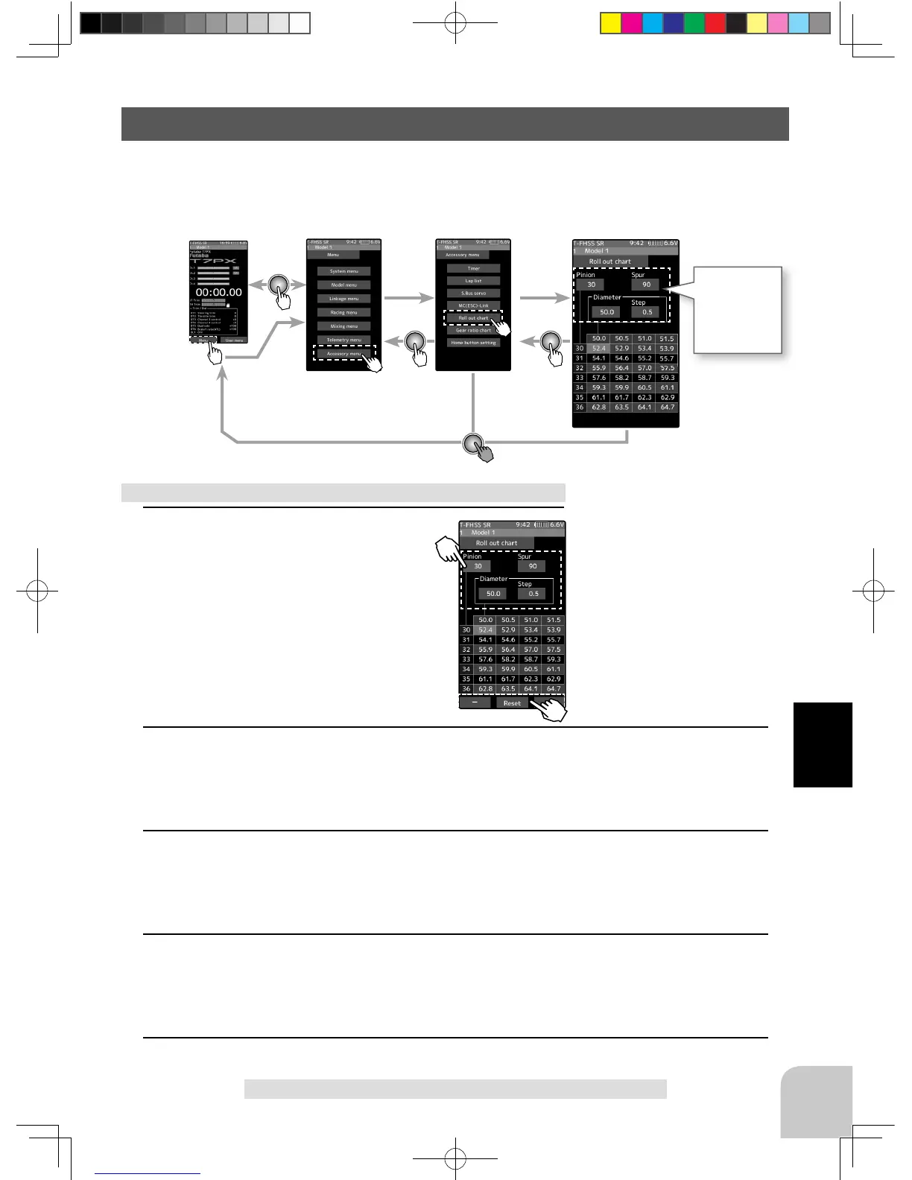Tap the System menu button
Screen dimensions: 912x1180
[x=343, y=271]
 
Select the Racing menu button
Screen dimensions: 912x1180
[x=343, y=312]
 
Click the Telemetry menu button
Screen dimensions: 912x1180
[x=343, y=340]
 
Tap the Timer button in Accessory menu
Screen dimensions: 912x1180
[x=473, y=268]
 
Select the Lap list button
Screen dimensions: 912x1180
[x=473, y=281]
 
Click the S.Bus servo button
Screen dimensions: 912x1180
[x=473, y=293]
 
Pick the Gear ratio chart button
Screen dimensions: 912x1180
[x=473, y=330]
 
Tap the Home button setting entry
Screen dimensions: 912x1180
[x=473, y=343]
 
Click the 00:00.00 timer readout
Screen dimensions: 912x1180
[x=218, y=292]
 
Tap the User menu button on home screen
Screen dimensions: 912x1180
[x=234, y=340]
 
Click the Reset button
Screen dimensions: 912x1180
[x=512, y=702]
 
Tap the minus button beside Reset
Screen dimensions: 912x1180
[x=475, y=702]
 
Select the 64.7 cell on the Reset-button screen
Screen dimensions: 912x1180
[x=554, y=689]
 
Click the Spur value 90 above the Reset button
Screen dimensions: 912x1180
[x=532, y=566]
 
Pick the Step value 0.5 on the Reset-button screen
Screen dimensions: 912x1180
[x=533, y=594]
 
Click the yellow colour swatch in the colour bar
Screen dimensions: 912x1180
[x=610, y=24]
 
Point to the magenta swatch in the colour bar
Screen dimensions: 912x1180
[x=631, y=24]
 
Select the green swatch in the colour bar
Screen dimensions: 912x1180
[x=694, y=24]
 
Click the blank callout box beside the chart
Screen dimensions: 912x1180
[x=738, y=309]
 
